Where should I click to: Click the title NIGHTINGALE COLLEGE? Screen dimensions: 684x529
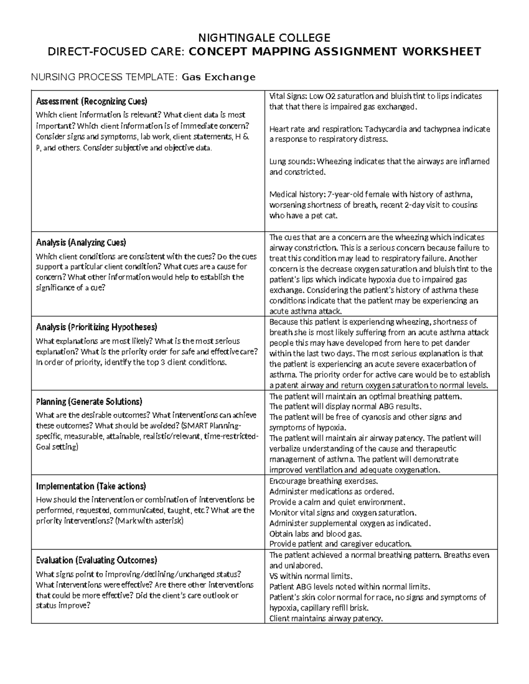coord(264,37)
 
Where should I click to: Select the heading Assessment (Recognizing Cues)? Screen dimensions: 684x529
coord(91,102)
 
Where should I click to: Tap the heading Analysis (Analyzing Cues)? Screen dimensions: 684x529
coord(81,243)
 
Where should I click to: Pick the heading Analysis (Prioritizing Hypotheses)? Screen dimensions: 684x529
coord(97,327)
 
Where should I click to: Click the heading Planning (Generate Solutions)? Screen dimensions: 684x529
coord(89,402)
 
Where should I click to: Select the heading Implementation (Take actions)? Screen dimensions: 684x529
coord(91,486)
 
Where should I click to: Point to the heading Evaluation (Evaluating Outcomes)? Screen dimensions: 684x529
coord(97,560)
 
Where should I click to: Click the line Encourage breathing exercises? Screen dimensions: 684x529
coord(324,481)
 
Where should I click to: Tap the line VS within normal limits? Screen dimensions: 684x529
coord(311,576)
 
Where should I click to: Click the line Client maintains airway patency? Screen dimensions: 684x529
coord(326,618)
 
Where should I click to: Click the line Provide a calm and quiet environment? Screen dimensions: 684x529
coord(337,502)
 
